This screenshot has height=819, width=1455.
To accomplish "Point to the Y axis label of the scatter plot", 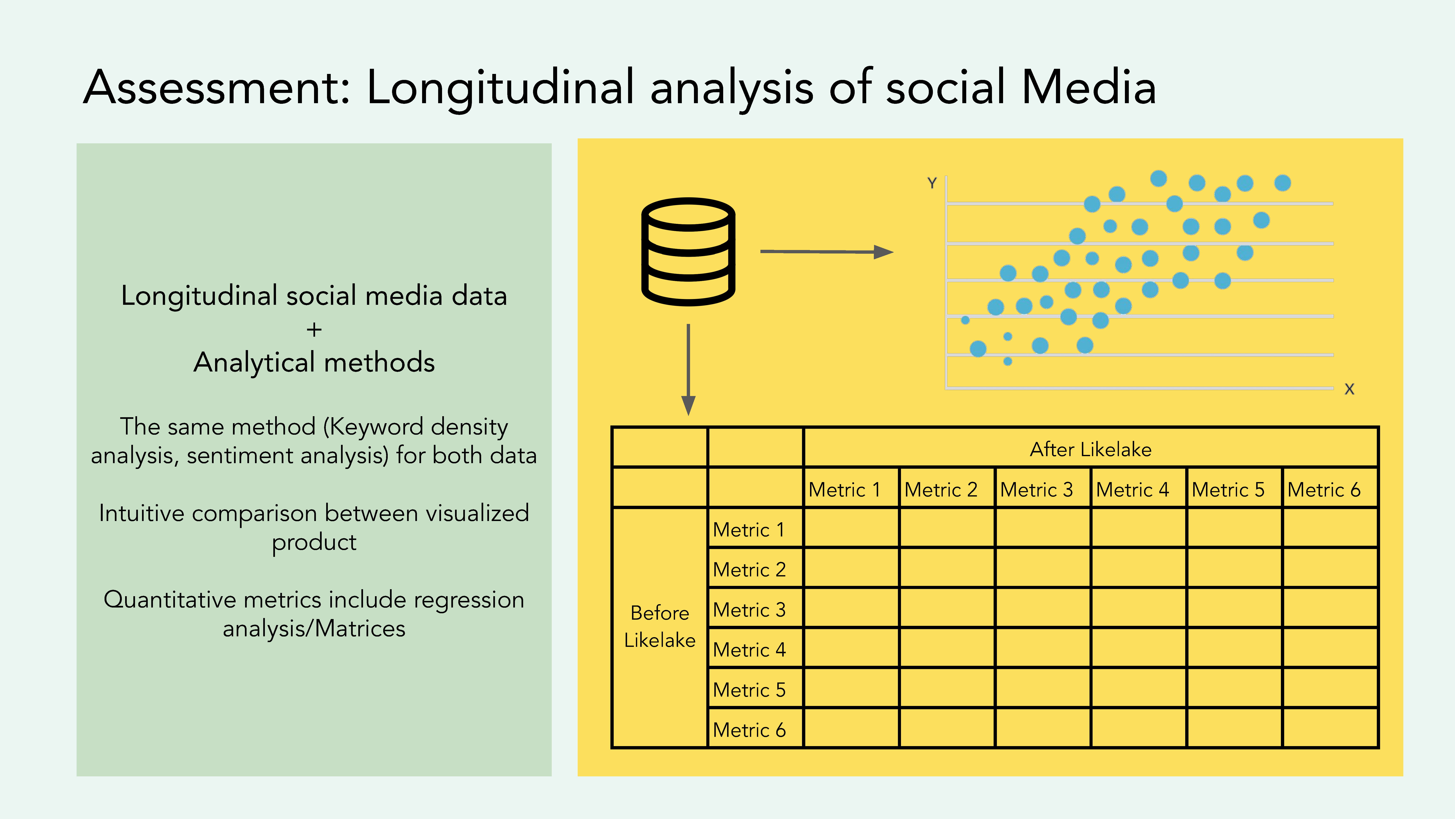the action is pos(932,183).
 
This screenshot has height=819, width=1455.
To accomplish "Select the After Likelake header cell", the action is pos(1091,449).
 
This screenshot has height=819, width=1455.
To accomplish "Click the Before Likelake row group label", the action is pos(660,626).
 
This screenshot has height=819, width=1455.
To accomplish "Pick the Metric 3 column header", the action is pos(1036,490).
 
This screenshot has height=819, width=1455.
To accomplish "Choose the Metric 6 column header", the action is pos(1324,490).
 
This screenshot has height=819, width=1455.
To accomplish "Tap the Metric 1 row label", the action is pos(749,530).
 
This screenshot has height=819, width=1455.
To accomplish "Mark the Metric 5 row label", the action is pos(749,689).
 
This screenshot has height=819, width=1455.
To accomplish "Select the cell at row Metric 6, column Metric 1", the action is pos(851,728).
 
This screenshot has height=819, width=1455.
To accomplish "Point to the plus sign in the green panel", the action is pos(314,329).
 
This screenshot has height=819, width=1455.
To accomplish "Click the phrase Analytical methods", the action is pos(314,362).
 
